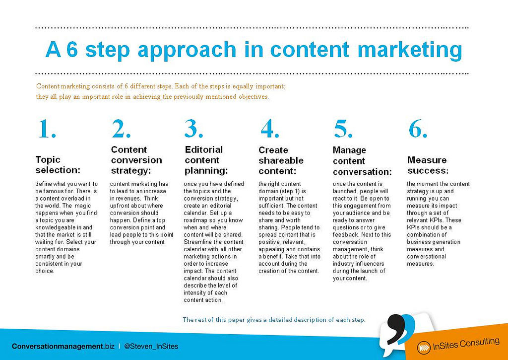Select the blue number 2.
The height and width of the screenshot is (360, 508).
tap(121, 129)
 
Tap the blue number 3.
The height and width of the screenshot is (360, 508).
tap(194, 129)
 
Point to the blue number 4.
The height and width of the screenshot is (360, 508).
tap(270, 129)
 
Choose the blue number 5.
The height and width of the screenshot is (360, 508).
tap(343, 129)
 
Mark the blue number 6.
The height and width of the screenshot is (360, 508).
tap(418, 129)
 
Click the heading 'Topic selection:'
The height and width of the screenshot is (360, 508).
tap(58, 165)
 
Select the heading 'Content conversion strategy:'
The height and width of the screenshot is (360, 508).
tap(136, 160)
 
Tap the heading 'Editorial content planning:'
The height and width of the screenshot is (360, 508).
tap(206, 160)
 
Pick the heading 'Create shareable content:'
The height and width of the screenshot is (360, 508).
tap(281, 160)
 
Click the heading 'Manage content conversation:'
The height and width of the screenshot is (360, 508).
tap(362, 161)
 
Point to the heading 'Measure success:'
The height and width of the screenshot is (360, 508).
tap(428, 165)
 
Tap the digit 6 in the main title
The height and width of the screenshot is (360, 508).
tap(72, 49)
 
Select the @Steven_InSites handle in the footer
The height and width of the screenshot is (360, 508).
tap(151, 347)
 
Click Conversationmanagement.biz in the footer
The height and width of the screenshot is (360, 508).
tap(63, 347)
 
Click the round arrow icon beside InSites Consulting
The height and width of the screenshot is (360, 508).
tap(424, 348)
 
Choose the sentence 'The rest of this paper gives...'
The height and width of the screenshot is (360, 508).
tap(274, 320)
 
